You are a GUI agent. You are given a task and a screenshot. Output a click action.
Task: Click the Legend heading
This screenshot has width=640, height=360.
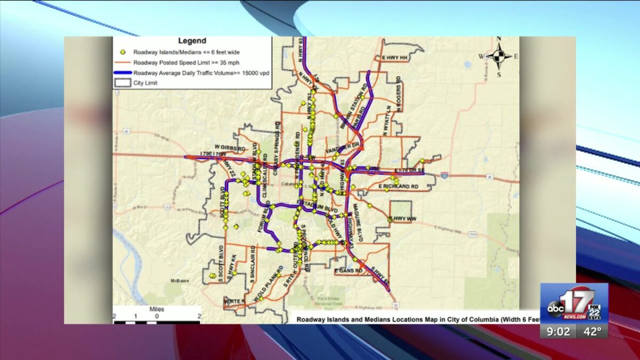(192, 41)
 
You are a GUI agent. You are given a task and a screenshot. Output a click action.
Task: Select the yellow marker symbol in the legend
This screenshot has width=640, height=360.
(123, 52)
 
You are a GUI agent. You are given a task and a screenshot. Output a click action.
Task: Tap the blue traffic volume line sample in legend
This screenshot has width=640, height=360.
(123, 73)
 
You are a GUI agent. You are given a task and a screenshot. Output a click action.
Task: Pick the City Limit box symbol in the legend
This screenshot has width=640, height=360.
(123, 83)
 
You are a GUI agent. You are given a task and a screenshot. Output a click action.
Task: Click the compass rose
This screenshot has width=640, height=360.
(499, 55)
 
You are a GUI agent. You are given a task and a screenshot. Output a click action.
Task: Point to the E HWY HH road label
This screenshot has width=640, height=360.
(395, 57)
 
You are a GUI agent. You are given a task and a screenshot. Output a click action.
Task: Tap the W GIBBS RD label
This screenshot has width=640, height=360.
(230, 147)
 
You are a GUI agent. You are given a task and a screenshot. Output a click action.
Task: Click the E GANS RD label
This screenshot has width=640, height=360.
(349, 271)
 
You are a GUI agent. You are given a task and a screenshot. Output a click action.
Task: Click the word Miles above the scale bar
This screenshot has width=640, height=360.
(157, 309)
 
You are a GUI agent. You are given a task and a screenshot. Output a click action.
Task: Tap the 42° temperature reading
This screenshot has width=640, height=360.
(591, 331)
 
